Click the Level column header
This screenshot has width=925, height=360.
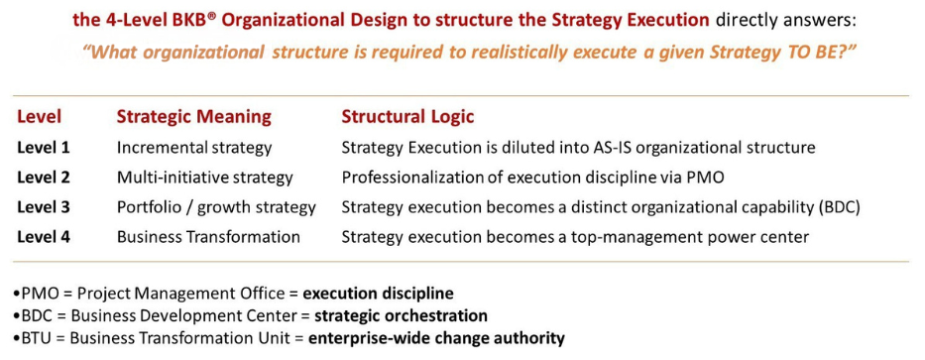coord(39,117)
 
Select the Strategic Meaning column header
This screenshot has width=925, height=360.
coord(193,117)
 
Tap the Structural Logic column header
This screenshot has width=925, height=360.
coord(407,117)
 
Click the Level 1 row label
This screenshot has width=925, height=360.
coord(44,148)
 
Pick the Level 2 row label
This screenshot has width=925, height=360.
coord(44,178)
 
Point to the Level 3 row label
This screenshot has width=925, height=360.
coord(44,207)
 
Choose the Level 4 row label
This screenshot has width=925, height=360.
coord(44,237)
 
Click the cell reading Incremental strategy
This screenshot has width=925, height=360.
coord(194,148)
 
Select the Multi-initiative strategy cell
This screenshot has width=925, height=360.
coord(205,178)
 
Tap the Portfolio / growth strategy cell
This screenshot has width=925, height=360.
coord(216,207)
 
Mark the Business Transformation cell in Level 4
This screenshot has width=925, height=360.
coord(208,237)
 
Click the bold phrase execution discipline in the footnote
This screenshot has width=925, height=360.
coord(378,294)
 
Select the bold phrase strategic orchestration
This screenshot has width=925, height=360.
coord(401,315)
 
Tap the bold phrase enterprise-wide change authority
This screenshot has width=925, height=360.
coord(436,338)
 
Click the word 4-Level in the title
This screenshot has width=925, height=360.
coord(145,19)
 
